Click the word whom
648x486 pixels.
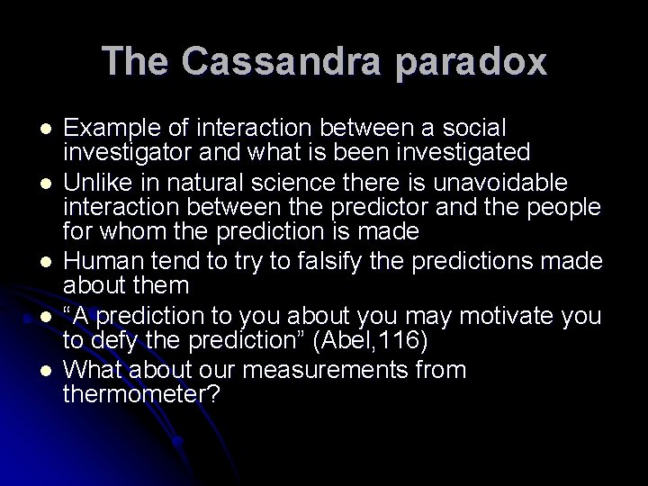[135, 230]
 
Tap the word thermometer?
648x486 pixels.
[139, 393]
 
